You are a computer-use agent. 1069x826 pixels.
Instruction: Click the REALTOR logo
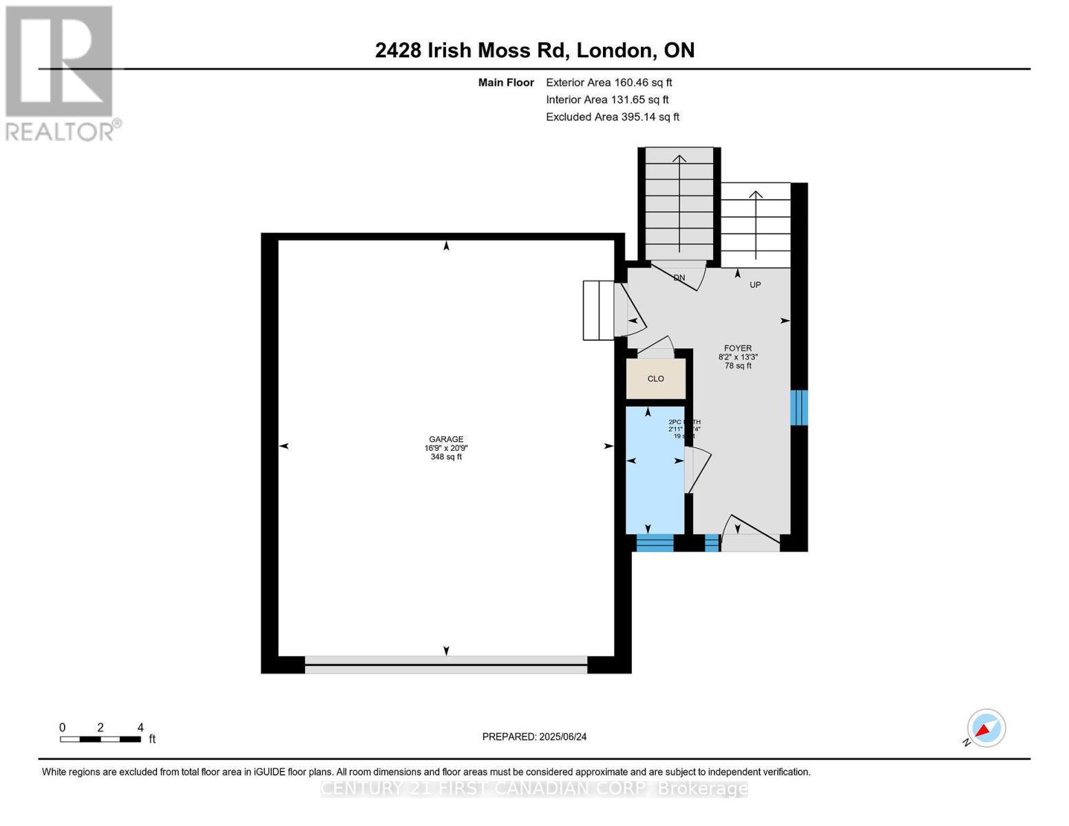(61, 72)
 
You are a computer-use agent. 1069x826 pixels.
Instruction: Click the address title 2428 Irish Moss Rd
(534, 50)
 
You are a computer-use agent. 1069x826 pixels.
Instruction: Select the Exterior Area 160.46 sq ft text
(608, 83)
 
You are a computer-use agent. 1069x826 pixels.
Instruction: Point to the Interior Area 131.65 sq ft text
(607, 100)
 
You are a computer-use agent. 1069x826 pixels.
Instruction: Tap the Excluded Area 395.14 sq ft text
(612, 117)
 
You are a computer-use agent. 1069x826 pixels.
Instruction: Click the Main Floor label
(506, 83)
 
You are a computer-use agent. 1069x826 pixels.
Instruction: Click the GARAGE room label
(446, 439)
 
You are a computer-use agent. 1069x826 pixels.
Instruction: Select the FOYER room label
(737, 348)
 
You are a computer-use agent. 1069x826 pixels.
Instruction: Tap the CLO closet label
(655, 379)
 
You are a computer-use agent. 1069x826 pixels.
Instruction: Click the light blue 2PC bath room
(654, 482)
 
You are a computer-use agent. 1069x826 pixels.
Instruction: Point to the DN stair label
(679, 278)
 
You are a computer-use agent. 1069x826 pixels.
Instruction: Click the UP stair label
(755, 285)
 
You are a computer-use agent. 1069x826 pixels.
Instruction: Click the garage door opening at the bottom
(446, 664)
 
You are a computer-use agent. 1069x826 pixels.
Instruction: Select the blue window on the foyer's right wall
(798, 407)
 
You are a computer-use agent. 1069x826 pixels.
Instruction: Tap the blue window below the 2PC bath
(655, 543)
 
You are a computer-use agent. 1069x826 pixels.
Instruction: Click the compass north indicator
(986, 728)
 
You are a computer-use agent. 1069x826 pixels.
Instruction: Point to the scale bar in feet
(100, 739)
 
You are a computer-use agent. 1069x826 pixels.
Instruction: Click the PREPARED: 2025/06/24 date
(534, 737)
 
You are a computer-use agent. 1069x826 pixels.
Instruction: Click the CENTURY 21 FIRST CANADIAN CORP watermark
(534, 789)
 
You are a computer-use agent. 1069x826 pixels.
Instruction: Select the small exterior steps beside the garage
(597, 310)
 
